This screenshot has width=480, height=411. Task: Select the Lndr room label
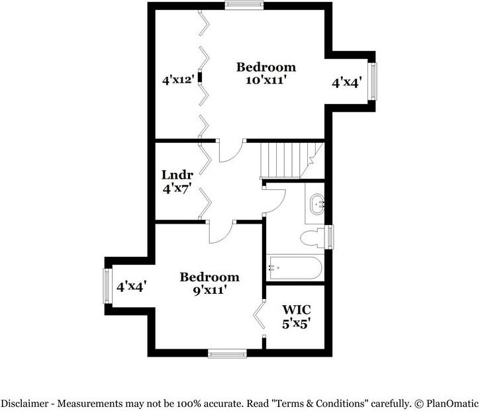[177, 175]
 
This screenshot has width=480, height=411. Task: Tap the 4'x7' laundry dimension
[177, 188]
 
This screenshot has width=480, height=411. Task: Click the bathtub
[294, 269]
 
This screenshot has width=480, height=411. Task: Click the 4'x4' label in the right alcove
[346, 83]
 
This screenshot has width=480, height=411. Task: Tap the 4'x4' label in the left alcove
[131, 287]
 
